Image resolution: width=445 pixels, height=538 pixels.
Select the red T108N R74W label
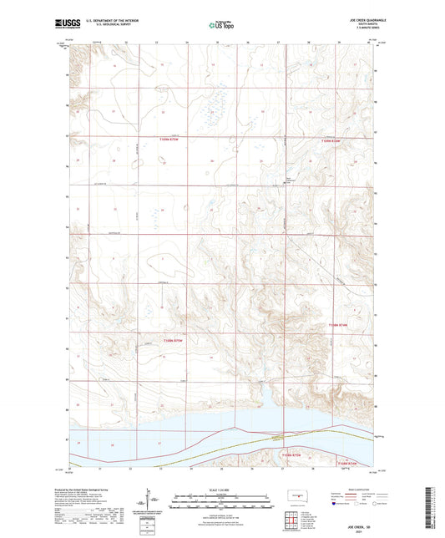point(336,323)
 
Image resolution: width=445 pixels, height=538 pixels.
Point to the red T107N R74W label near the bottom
point(346,462)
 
